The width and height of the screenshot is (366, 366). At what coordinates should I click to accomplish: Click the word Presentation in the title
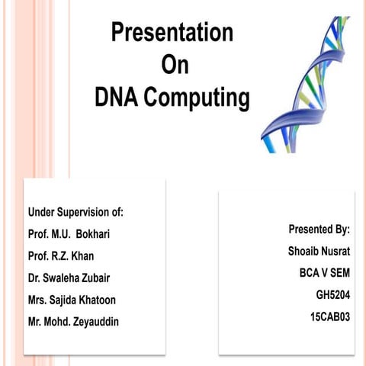[x=172, y=33]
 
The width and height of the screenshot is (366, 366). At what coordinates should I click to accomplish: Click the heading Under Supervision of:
[x=75, y=211]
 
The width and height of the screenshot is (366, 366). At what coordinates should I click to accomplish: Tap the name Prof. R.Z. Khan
[x=61, y=255]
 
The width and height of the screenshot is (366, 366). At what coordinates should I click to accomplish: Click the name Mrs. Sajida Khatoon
[x=72, y=300]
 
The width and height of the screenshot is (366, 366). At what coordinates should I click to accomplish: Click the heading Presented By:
[x=319, y=229]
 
